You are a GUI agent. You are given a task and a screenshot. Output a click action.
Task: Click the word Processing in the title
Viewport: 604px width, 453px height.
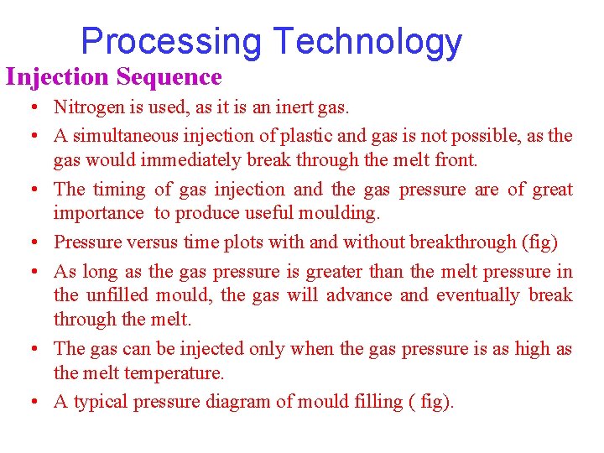point(171,41)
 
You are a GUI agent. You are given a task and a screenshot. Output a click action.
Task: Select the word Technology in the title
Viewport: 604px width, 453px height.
point(367,41)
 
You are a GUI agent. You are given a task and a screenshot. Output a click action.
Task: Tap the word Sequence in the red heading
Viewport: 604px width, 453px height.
point(169,77)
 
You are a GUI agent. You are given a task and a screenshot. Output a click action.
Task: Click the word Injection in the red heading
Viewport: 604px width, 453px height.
point(57,77)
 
